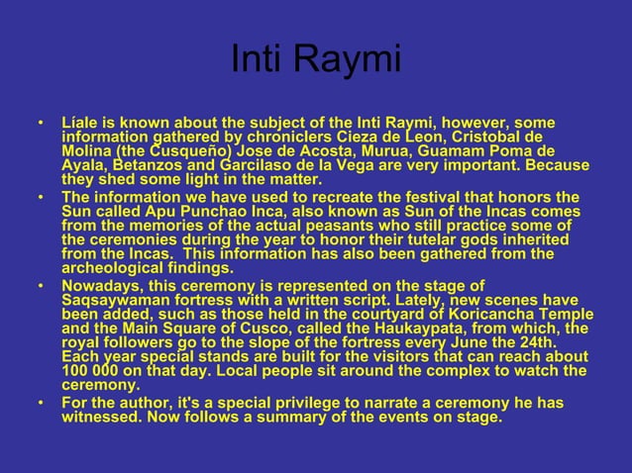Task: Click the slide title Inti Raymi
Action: click(315, 60)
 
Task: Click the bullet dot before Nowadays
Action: click(41, 287)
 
